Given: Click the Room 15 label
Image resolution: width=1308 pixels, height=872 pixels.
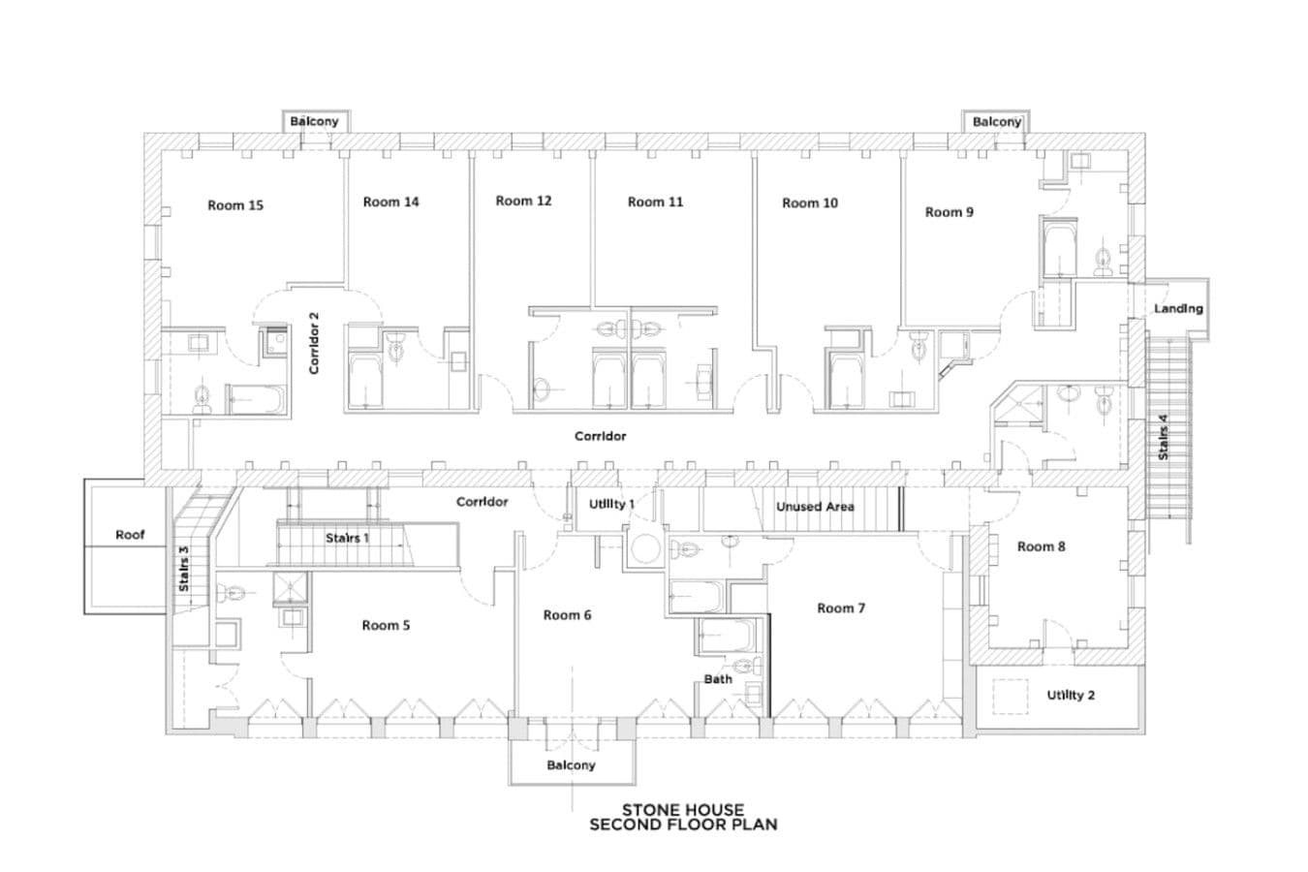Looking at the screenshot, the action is [235, 205].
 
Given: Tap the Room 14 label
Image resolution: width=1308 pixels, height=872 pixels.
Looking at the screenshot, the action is [390, 202].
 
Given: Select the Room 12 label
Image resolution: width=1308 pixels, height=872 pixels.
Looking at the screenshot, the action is [523, 201].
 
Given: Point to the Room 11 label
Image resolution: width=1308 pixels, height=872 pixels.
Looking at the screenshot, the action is [655, 202].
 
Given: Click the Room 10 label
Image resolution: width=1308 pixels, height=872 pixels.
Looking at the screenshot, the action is [810, 203].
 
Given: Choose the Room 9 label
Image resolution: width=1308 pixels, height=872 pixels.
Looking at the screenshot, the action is [949, 212].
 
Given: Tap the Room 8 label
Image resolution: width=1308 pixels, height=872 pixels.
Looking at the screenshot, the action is [1042, 546].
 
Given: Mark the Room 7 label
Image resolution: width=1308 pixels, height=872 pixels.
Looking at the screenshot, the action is [841, 608].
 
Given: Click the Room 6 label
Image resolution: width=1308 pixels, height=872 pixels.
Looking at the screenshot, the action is [567, 615].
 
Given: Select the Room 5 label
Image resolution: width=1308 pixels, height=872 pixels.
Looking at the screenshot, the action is [386, 626].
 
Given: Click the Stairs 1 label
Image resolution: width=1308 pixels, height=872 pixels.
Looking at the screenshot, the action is [348, 538].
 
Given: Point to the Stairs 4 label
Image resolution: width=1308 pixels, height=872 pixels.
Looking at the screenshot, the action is [1164, 437].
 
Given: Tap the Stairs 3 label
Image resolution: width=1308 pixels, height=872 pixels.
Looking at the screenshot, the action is [183, 569].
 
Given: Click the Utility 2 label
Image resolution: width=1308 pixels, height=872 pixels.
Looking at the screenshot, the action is [1071, 695].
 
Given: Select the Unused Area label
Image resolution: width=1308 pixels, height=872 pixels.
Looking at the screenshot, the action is [815, 507].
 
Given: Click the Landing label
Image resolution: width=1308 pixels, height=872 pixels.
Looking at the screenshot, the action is [1178, 309].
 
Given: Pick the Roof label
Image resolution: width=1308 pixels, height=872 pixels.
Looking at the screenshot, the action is [130, 535].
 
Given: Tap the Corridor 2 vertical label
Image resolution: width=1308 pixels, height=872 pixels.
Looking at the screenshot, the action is [314, 343].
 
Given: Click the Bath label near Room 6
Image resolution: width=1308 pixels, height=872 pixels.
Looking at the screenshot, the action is [718, 679].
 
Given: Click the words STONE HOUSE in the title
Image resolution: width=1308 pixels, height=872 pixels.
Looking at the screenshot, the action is [683, 810].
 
